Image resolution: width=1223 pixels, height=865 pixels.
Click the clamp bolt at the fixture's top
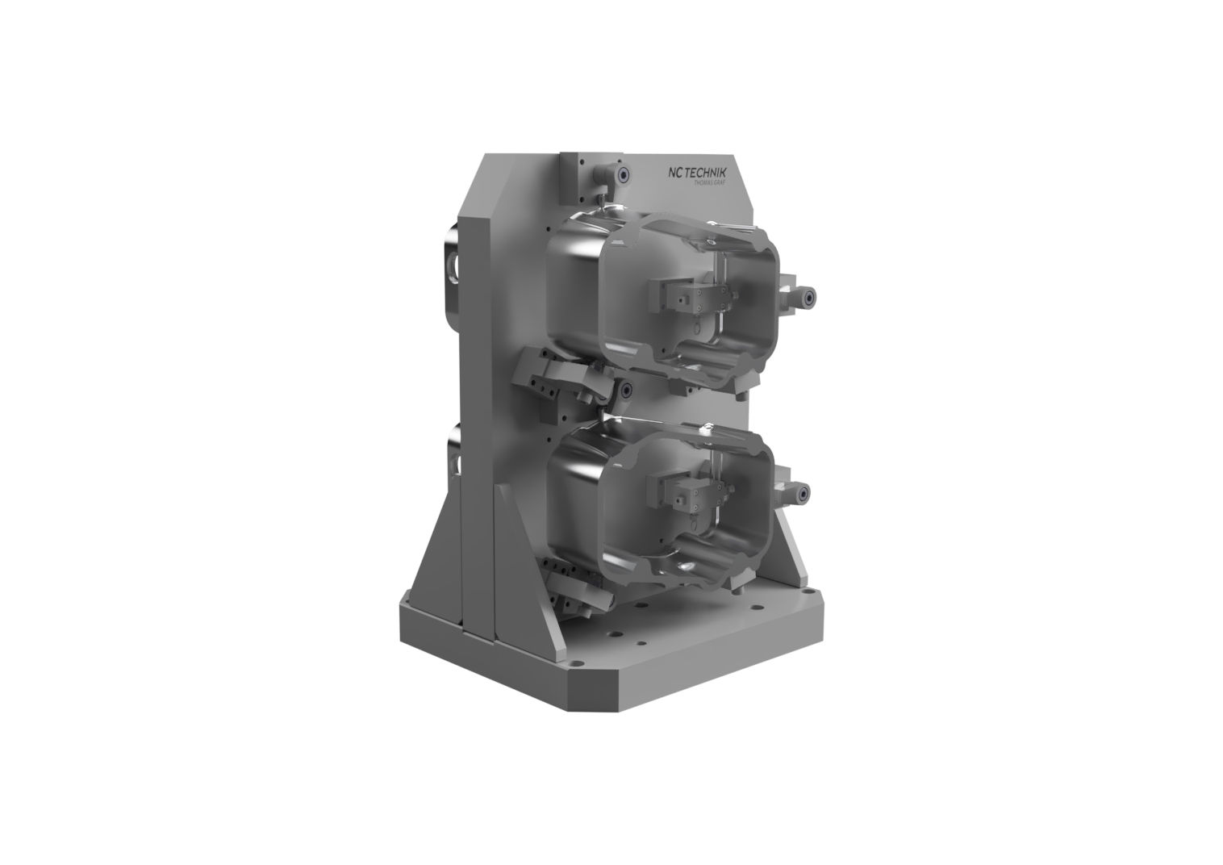click(x=623, y=175)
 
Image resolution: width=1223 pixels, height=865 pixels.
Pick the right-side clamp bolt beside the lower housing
click(x=804, y=494)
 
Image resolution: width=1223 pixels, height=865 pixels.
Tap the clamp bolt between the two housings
click(x=626, y=390)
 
